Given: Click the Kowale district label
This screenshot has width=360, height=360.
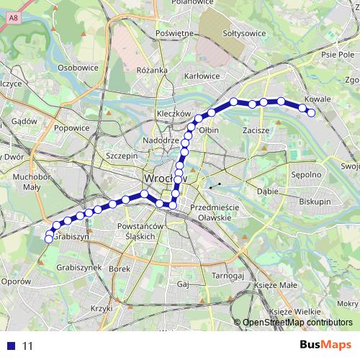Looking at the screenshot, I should pyautogui.click(x=317, y=99).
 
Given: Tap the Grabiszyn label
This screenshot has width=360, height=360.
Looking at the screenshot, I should pyautogui.click(x=71, y=236).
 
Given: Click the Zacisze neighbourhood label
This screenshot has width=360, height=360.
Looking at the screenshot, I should pyautogui.click(x=256, y=130).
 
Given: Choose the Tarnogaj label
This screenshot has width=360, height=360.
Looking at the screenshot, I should pyautogui.click(x=230, y=276).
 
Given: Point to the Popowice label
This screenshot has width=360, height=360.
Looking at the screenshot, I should pyautogui.click(x=71, y=128).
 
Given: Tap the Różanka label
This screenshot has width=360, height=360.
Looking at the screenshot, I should pyautogui.click(x=151, y=70).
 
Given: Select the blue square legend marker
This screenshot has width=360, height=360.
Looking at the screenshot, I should pyautogui.click(x=9, y=346).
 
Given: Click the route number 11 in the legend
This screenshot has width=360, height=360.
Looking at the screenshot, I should pyautogui.click(x=28, y=346).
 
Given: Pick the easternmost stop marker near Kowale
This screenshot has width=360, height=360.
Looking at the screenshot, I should pyautogui.click(x=311, y=112).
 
